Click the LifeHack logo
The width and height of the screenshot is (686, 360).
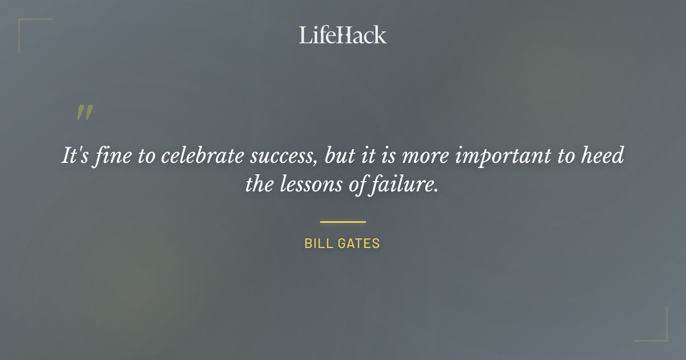coord(343,35)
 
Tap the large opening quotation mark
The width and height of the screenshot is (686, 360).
coord(85,113)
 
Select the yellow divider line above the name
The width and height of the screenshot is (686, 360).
coord(343,222)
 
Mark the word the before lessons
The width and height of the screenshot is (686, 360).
coord(260,185)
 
